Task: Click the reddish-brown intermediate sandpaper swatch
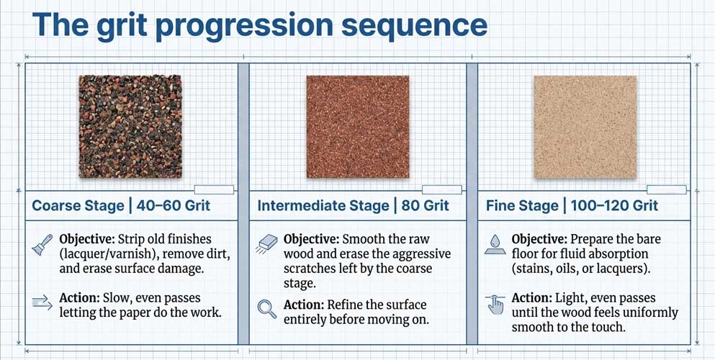click(x=357, y=127)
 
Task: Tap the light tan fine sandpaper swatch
click(x=585, y=127)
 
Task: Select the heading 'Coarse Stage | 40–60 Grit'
click(x=121, y=206)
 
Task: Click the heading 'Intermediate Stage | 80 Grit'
click(x=353, y=206)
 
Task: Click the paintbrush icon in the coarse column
click(x=42, y=245)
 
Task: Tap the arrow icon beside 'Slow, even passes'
click(x=42, y=301)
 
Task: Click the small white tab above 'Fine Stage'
click(x=666, y=190)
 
